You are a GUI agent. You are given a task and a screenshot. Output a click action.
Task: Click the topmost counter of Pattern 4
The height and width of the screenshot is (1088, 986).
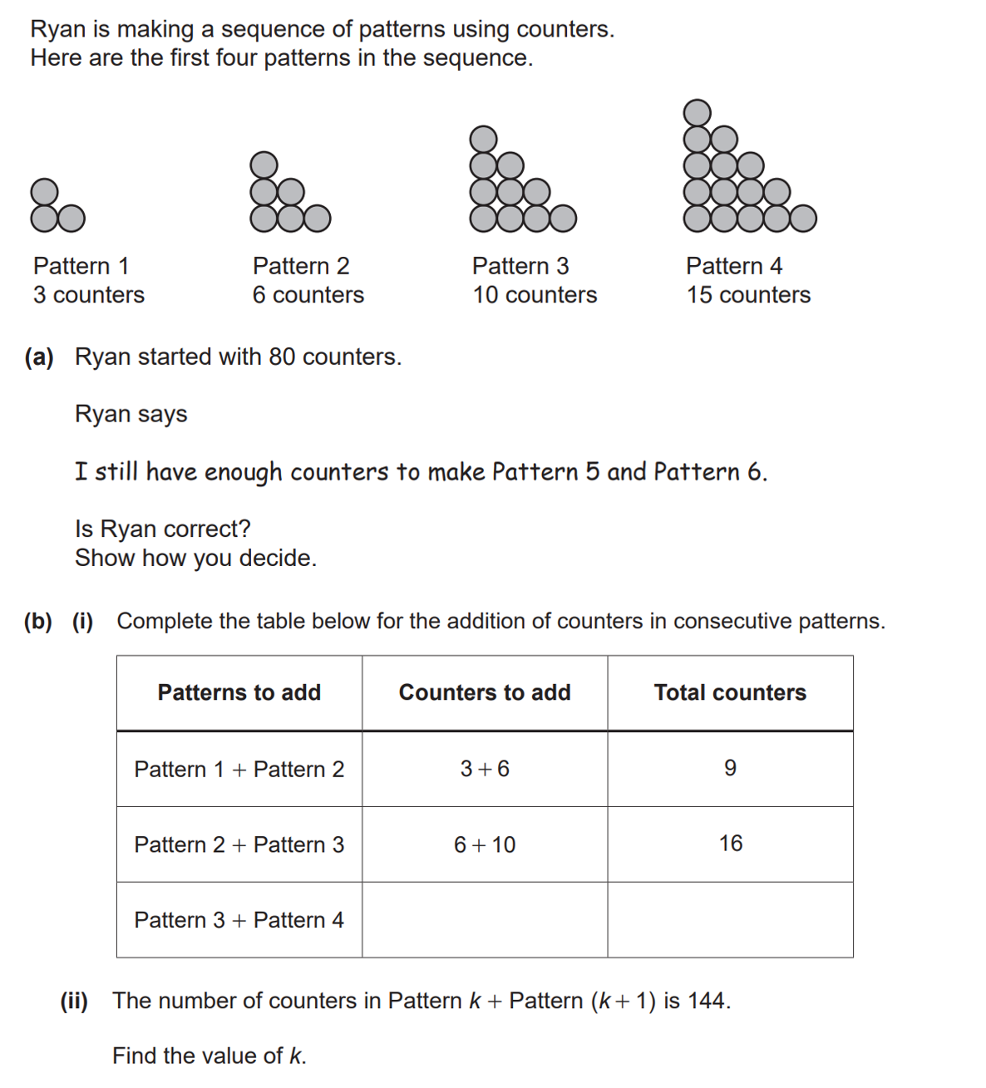(697, 112)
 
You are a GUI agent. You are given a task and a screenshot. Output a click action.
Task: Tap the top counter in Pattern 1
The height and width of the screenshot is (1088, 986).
(45, 191)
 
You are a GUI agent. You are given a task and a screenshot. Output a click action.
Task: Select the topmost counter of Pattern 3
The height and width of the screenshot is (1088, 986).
(483, 139)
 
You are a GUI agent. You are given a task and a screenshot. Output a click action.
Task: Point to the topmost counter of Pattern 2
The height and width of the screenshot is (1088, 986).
(264, 165)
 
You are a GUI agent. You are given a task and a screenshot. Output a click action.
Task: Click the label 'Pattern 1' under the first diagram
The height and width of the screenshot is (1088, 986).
(81, 266)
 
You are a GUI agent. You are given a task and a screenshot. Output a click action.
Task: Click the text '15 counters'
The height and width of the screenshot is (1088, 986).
(748, 295)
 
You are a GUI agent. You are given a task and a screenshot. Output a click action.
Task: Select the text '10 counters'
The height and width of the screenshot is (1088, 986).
(535, 295)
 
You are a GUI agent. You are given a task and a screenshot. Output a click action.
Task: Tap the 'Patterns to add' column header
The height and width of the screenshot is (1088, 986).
(239, 692)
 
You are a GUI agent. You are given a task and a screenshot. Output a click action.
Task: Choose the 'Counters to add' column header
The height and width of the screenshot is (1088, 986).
(485, 692)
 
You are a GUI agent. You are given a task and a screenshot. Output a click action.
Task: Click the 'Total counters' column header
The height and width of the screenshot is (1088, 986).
(730, 692)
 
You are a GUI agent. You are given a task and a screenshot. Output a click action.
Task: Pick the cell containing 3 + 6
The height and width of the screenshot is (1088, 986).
(485, 769)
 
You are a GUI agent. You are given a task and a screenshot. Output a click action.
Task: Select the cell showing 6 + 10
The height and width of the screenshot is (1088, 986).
(485, 844)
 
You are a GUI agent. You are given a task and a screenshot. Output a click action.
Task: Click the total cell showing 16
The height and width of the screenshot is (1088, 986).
(731, 844)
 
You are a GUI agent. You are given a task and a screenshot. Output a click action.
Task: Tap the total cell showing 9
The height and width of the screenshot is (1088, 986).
(730, 768)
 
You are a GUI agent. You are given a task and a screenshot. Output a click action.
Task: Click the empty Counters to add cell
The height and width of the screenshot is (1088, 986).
(485, 920)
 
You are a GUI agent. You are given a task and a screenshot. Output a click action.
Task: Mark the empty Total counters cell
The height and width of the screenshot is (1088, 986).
(730, 920)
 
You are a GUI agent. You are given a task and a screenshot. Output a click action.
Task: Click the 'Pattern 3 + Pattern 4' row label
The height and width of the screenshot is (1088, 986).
(239, 920)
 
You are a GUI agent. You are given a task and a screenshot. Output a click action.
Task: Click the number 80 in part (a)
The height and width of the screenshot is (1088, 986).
(282, 357)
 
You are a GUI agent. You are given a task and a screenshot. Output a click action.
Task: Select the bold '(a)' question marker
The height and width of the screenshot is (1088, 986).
(39, 357)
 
